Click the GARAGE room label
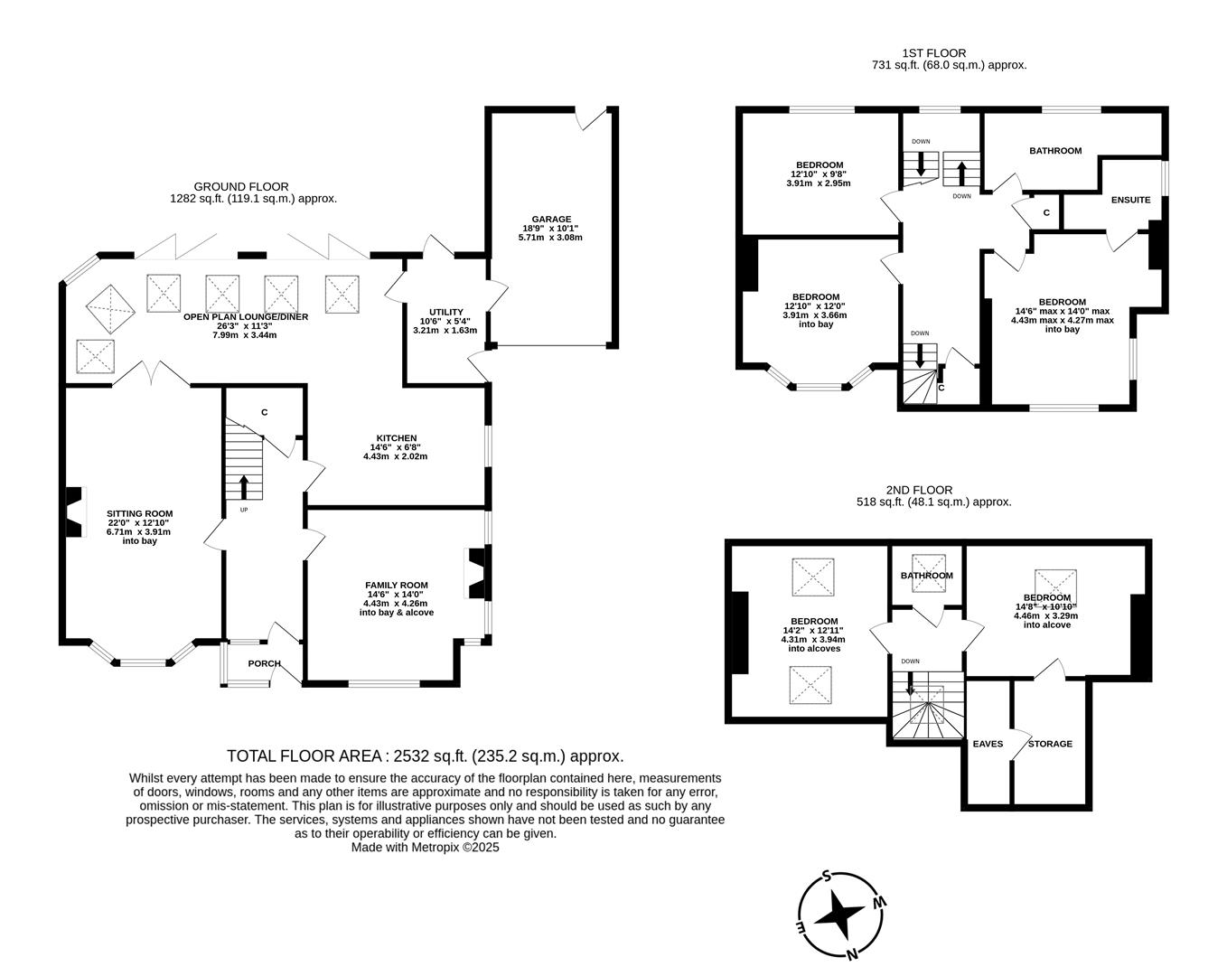point(551,219)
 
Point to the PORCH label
point(265,663)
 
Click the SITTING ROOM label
point(139,513)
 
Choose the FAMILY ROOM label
point(396,585)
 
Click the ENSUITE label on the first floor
point(1130,200)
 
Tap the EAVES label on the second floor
point(988,744)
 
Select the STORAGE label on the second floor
point(1050,744)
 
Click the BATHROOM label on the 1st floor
point(1054,151)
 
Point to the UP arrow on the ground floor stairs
point(244,487)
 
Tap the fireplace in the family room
point(476,573)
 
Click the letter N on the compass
point(852,953)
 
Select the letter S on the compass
point(826,876)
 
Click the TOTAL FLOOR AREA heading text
point(425,756)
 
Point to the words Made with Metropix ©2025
point(425,848)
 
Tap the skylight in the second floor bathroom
point(928,573)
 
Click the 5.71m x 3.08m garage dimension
point(551,238)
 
